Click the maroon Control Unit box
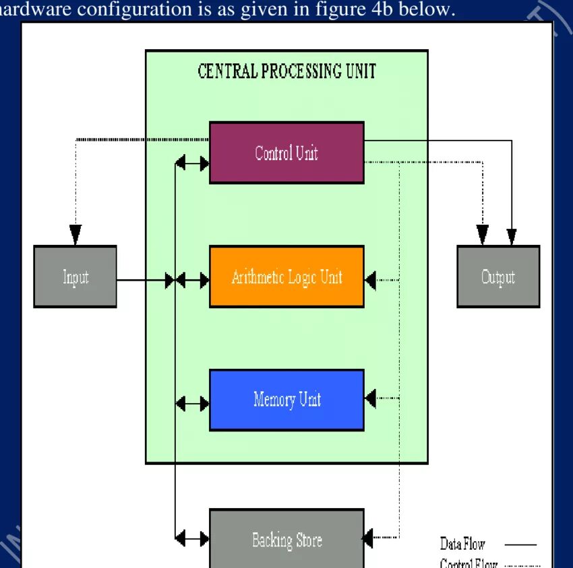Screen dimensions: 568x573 tap(286, 153)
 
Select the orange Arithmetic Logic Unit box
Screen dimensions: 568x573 tap(286, 277)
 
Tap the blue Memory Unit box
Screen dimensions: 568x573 tap(286, 400)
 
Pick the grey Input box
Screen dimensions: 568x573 tap(75, 277)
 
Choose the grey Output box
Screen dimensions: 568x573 tap(498, 277)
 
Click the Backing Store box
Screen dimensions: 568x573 tap(286, 540)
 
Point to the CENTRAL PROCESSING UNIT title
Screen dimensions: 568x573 tap(286, 71)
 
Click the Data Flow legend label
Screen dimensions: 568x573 tap(462, 544)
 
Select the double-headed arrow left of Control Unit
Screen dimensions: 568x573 tap(192, 162)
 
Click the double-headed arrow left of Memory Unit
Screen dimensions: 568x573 tap(192, 403)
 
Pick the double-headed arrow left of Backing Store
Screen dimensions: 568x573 tap(192, 538)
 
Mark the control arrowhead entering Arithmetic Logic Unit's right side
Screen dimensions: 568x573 tap(370, 279)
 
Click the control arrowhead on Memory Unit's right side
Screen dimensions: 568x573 tap(370, 398)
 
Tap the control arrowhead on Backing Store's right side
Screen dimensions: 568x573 tap(370, 538)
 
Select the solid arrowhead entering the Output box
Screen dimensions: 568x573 tap(512, 236)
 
